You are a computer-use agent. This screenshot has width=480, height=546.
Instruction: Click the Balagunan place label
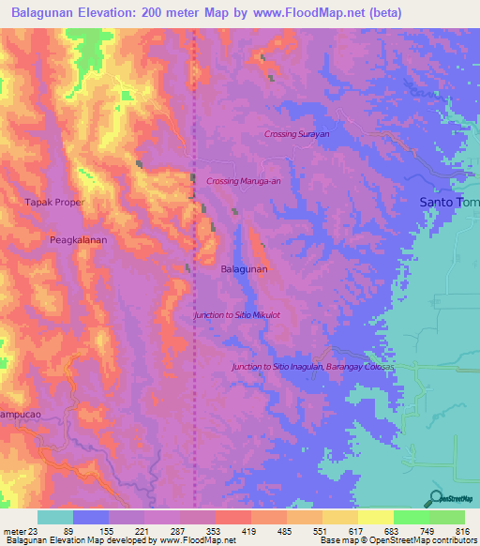[244, 269]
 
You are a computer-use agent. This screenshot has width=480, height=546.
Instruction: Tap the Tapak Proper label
[54, 202]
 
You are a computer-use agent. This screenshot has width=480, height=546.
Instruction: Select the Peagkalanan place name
[78, 240]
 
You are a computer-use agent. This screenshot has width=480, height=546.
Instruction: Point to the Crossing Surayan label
[296, 134]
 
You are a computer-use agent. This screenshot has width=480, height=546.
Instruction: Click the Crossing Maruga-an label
[243, 181]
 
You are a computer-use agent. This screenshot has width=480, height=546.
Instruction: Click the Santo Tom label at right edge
[448, 202]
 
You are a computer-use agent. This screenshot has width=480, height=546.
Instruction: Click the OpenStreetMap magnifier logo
[435, 498]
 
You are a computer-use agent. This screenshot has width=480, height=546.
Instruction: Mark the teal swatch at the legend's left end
[55, 517]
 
